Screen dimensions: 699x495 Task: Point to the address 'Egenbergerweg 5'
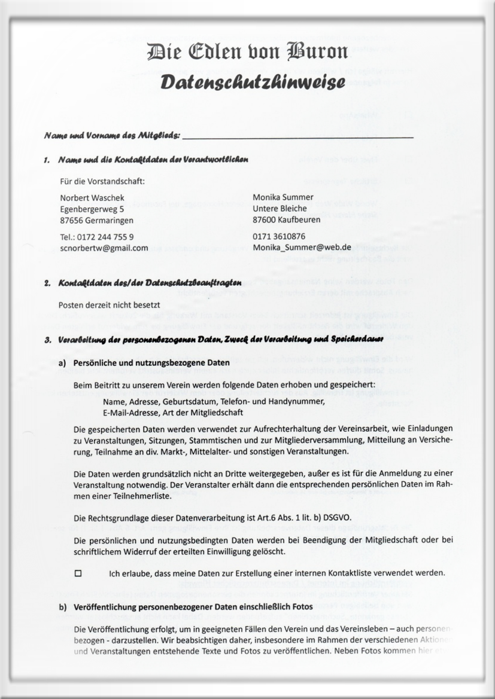pyautogui.click(x=93, y=209)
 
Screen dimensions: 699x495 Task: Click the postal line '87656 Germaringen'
pyautogui.click(x=96, y=220)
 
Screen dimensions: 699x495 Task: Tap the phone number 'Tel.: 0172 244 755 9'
pyautogui.click(x=97, y=236)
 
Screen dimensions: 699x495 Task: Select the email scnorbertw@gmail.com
pyautogui.click(x=104, y=248)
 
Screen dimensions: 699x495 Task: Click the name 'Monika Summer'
pyautogui.click(x=283, y=197)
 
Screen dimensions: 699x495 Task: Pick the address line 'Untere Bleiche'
pyautogui.click(x=280, y=208)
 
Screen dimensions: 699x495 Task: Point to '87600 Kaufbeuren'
pyautogui.click(x=286, y=219)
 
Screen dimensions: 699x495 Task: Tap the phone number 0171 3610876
pyautogui.click(x=279, y=236)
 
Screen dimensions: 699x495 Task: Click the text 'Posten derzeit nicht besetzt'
pyautogui.click(x=110, y=305)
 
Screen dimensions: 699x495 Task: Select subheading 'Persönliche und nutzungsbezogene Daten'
pyautogui.click(x=151, y=363)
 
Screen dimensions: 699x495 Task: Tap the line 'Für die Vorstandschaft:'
pyautogui.click(x=103, y=181)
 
